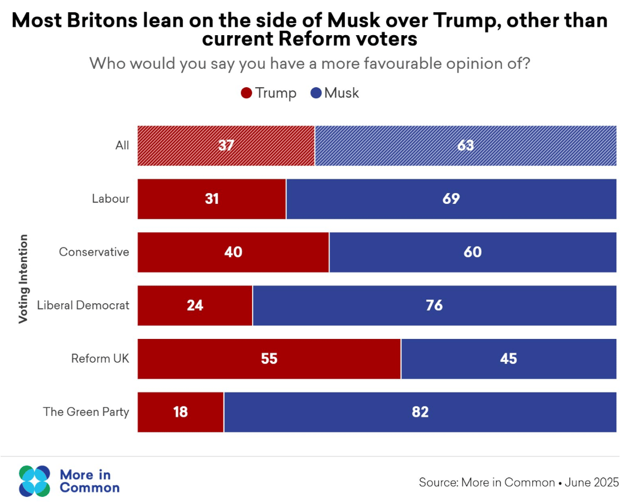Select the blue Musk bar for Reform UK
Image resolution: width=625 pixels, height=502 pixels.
point(508,358)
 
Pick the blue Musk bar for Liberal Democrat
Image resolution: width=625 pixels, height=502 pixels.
point(434,305)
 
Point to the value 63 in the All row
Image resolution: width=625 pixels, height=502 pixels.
point(465,146)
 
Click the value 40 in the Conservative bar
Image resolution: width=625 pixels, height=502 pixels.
point(233,252)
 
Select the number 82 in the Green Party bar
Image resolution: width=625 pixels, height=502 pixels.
point(420,412)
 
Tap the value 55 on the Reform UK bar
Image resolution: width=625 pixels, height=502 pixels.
point(269,358)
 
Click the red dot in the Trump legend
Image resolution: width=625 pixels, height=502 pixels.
point(246,93)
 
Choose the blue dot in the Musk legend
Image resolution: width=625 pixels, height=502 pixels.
point(316,93)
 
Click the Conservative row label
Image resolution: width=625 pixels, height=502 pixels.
point(94,252)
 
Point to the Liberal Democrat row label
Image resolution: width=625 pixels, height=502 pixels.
point(83,305)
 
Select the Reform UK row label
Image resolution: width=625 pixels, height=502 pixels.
point(100,358)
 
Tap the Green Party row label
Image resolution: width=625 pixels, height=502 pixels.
point(86,412)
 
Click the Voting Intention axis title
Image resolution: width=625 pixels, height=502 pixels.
point(23,279)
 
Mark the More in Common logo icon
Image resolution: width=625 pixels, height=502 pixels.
point(35,481)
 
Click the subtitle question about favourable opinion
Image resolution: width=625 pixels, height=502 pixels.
point(310,63)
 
